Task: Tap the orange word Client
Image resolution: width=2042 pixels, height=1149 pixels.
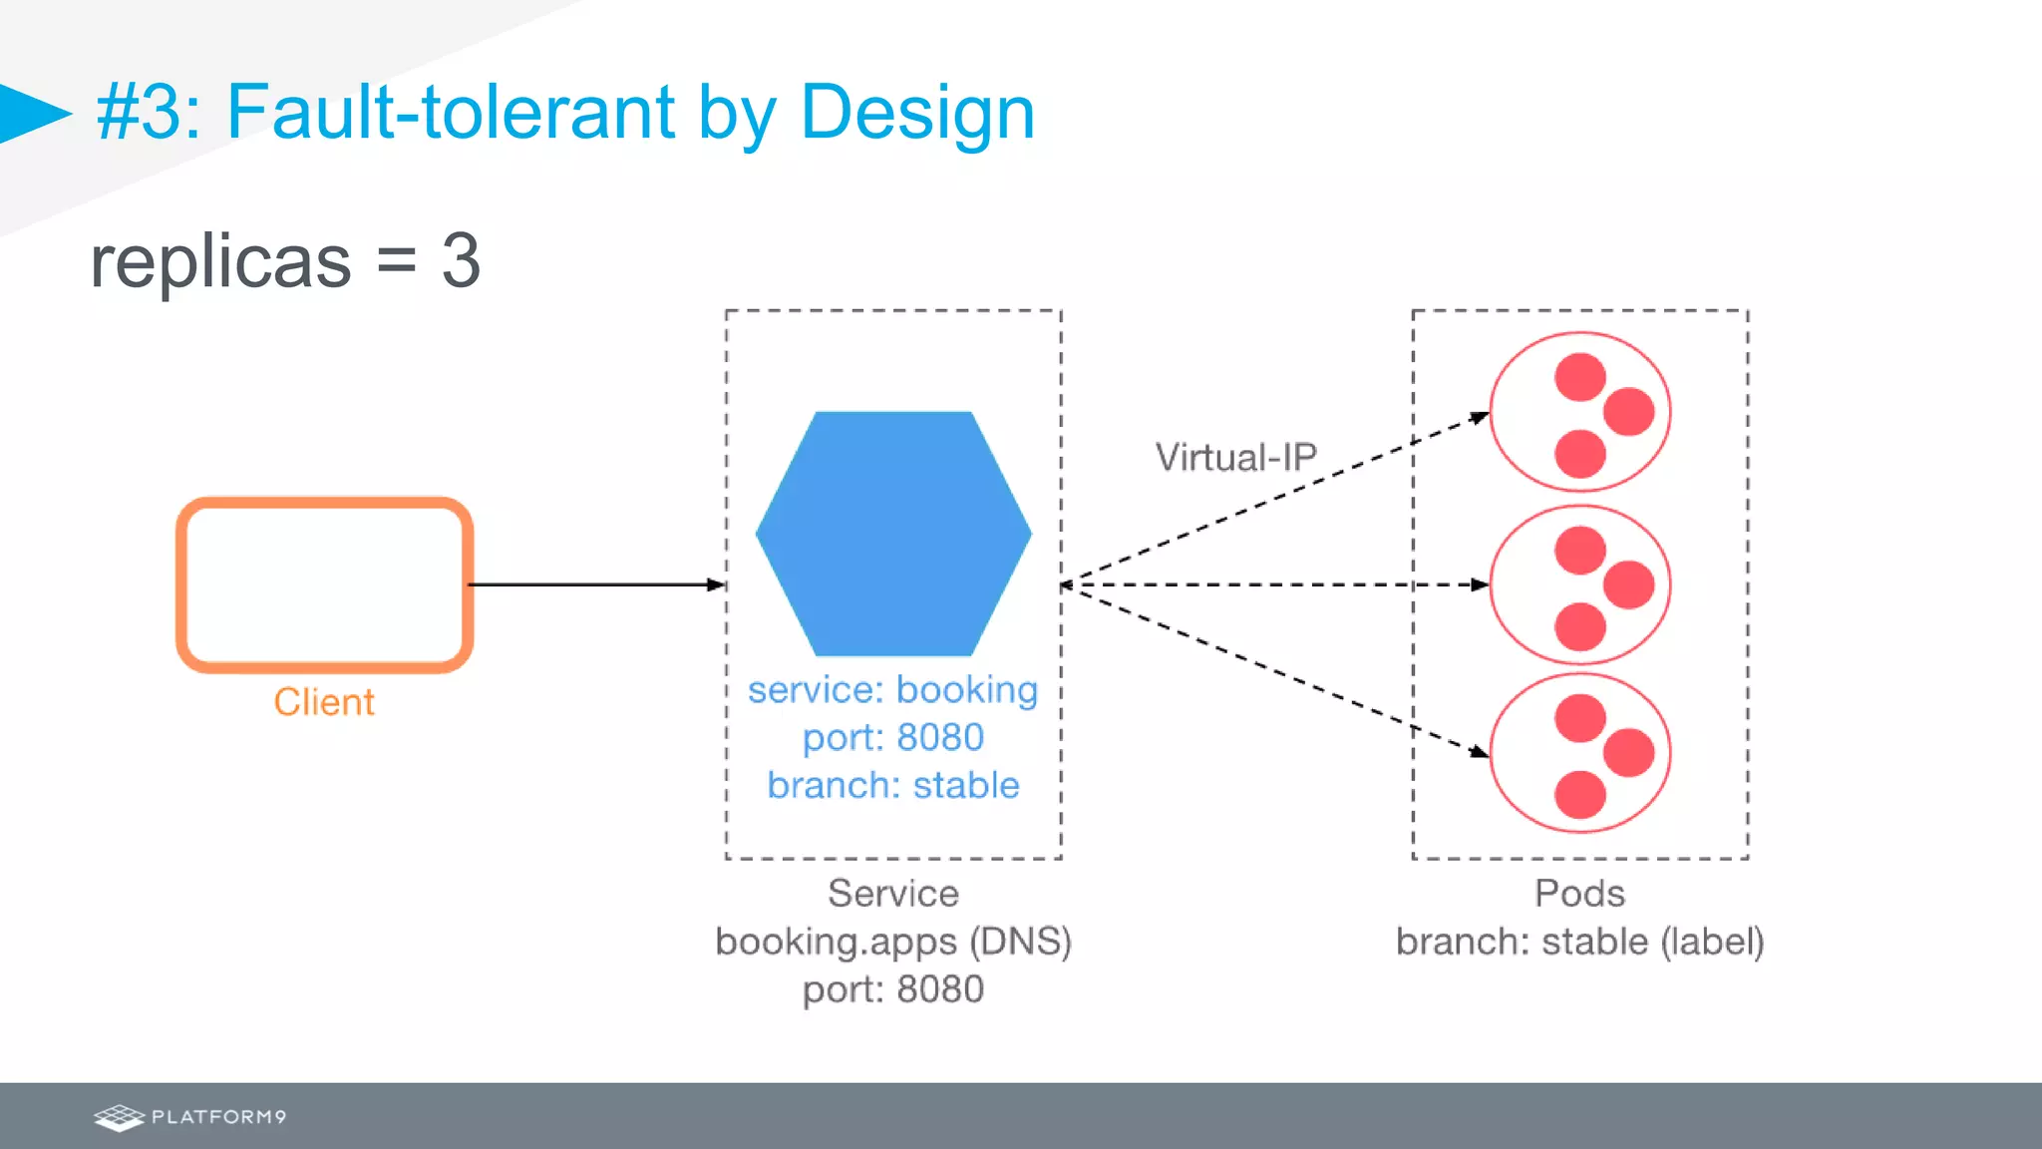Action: click(324, 702)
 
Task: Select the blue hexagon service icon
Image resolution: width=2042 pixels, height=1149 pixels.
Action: click(893, 534)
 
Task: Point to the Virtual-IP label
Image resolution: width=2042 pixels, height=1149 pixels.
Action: click(1235, 458)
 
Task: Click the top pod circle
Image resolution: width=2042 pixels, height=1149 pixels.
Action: click(1580, 412)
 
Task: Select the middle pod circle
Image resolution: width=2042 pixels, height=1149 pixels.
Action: click(1580, 584)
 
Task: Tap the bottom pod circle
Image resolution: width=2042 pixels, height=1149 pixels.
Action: click(1580, 753)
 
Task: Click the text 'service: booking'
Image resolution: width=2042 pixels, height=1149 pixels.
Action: click(893, 690)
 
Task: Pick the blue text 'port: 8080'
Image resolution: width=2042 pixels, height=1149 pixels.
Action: click(893, 738)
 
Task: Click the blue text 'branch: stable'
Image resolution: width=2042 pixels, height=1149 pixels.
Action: click(893, 786)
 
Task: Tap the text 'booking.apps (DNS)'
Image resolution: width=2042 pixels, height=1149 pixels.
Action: click(893, 942)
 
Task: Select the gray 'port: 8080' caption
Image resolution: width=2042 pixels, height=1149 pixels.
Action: click(893, 989)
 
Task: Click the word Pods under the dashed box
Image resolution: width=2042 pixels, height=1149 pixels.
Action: click(1579, 894)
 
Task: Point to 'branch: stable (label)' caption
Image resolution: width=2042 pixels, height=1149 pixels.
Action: click(1579, 942)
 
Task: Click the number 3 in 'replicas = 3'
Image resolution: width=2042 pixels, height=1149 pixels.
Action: click(461, 261)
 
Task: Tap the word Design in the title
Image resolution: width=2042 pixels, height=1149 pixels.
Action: click(917, 112)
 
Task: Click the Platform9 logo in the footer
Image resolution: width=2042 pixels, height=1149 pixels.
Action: click(189, 1117)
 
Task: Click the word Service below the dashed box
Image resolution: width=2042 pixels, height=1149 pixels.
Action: click(893, 894)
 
